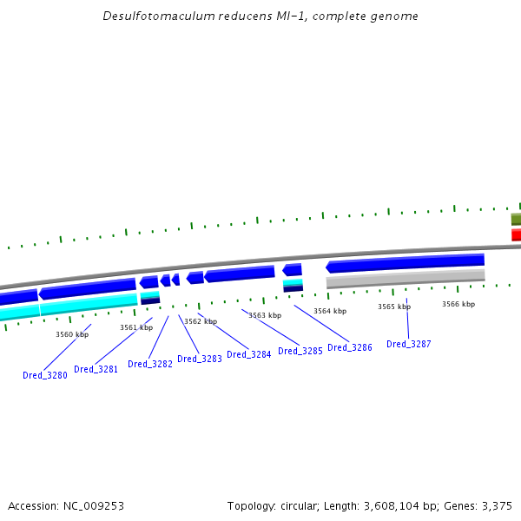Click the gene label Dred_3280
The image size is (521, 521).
(x=45, y=375)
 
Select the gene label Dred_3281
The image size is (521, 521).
(x=96, y=369)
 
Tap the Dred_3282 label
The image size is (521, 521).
(x=150, y=364)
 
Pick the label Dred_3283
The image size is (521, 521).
(x=200, y=359)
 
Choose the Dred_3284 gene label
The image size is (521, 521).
(x=249, y=354)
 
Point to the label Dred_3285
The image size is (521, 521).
(x=300, y=351)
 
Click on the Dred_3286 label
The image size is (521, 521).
(x=350, y=347)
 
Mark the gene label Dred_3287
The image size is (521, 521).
(x=409, y=344)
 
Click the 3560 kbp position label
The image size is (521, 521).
(x=72, y=334)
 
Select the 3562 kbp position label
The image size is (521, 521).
(x=201, y=321)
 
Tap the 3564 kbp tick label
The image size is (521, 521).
(x=330, y=311)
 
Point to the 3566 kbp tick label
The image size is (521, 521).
(x=458, y=304)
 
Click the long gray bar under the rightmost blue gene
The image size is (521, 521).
(x=406, y=279)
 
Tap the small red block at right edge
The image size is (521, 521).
(x=516, y=234)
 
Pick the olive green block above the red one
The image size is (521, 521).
(x=516, y=219)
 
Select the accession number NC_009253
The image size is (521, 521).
(x=94, y=505)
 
